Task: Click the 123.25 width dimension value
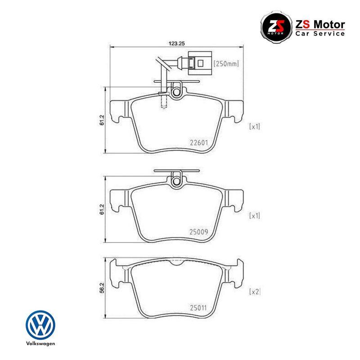[177, 43]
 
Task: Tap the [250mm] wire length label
[226, 63]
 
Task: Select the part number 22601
[199, 143]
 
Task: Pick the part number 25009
[198, 232]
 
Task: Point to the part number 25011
[198, 308]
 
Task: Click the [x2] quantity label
[255, 292]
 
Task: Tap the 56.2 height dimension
[102, 288]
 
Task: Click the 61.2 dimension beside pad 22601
[102, 120]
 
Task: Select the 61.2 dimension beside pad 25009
[102, 209]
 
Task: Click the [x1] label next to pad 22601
[255, 126]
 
